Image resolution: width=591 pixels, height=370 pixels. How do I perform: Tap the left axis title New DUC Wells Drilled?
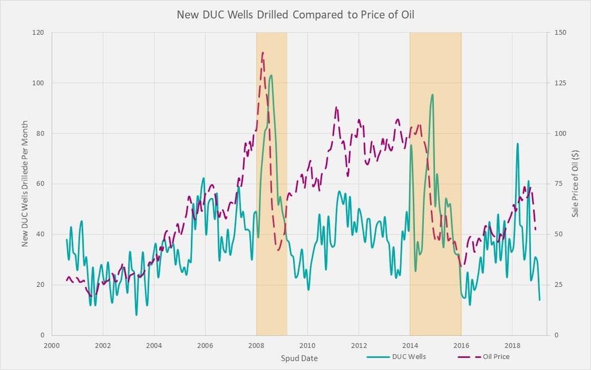(x=25, y=184)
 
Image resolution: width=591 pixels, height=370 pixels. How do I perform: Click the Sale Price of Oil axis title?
(x=575, y=184)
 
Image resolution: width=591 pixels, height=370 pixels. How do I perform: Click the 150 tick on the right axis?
(x=561, y=33)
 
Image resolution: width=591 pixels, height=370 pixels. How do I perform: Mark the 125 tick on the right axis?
(x=561, y=83)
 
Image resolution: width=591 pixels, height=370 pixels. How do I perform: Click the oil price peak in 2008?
(x=263, y=52)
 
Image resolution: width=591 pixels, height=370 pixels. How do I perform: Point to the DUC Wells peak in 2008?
(x=271, y=75)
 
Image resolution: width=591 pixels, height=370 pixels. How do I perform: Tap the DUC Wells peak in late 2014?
(x=432, y=94)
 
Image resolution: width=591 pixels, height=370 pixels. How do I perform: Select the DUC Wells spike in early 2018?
(x=517, y=143)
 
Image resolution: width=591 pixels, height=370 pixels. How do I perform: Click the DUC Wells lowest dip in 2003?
(x=136, y=314)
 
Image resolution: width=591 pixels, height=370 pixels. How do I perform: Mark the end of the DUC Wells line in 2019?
(x=539, y=300)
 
